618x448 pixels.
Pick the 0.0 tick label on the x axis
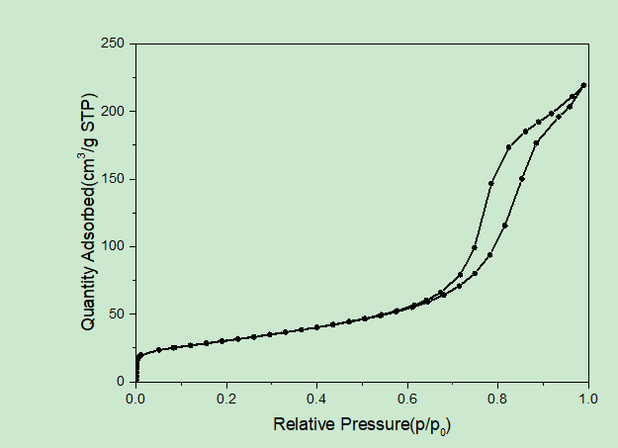coord(136,399)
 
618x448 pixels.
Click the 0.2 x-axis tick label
coord(226,399)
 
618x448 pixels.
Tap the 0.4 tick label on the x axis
coord(316,399)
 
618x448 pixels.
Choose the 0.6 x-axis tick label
coord(407,399)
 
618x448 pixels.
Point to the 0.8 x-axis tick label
coord(497,399)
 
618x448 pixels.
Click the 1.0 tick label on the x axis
coord(587,399)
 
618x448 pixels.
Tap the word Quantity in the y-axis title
coord(88,297)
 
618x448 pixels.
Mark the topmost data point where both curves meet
coord(584,85)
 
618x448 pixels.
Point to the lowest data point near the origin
coord(136,380)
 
